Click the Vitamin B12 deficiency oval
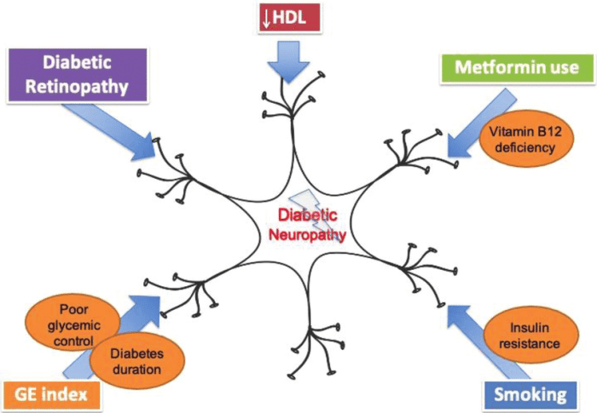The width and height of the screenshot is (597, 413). point(520,138)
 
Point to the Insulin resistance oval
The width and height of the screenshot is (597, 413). point(523,336)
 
